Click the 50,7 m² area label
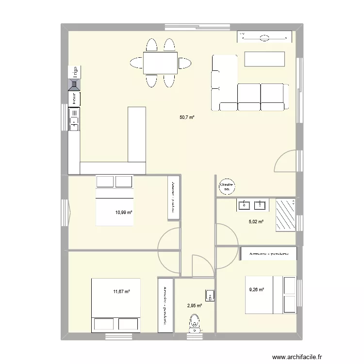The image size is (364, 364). coord(186,117)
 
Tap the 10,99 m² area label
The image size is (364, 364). coord(124,212)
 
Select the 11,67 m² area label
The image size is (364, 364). coord(121,292)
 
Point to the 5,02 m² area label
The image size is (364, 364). coord(256,222)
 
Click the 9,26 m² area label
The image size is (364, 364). coord(256,290)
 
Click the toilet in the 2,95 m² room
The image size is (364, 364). coord(195,322)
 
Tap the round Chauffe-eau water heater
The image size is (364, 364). coord(227,185)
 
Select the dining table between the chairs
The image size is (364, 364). coord(160,63)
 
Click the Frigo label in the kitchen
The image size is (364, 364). coord(74,73)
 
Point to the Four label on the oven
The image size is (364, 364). coord(74,99)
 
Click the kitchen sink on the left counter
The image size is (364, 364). coord(74,119)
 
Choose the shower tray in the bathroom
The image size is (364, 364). coord(285,214)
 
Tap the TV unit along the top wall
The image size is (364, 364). coord(265,37)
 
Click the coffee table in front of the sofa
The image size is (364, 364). coord(264,59)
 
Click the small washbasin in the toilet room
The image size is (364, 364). coord(209,295)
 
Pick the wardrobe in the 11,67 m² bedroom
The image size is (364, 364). coord(165,305)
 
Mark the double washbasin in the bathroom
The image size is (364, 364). coord(252,205)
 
